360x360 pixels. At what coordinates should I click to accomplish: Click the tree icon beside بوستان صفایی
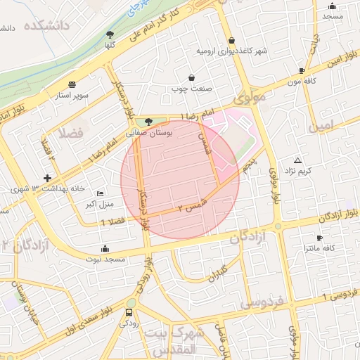pyautogui.click(x=147, y=122)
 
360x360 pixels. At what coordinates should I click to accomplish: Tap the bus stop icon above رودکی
pyautogui.click(x=129, y=313)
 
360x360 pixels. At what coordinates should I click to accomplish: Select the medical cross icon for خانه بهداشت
pyautogui.click(x=47, y=179)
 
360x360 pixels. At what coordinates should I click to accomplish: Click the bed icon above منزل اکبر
pyautogui.click(x=101, y=193)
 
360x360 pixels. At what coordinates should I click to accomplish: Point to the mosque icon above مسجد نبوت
pyautogui.click(x=105, y=248)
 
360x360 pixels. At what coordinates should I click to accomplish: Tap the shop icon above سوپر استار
pyautogui.click(x=72, y=83)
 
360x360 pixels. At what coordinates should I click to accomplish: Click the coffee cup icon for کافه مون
pyautogui.click(x=302, y=70)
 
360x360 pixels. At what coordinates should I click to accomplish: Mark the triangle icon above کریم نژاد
pyautogui.click(x=297, y=160)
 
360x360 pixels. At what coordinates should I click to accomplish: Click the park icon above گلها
pyautogui.click(x=110, y=34)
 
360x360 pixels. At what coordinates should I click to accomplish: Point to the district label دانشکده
pyautogui.click(x=49, y=27)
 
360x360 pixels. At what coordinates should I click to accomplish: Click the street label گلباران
pyautogui.click(x=214, y=271)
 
